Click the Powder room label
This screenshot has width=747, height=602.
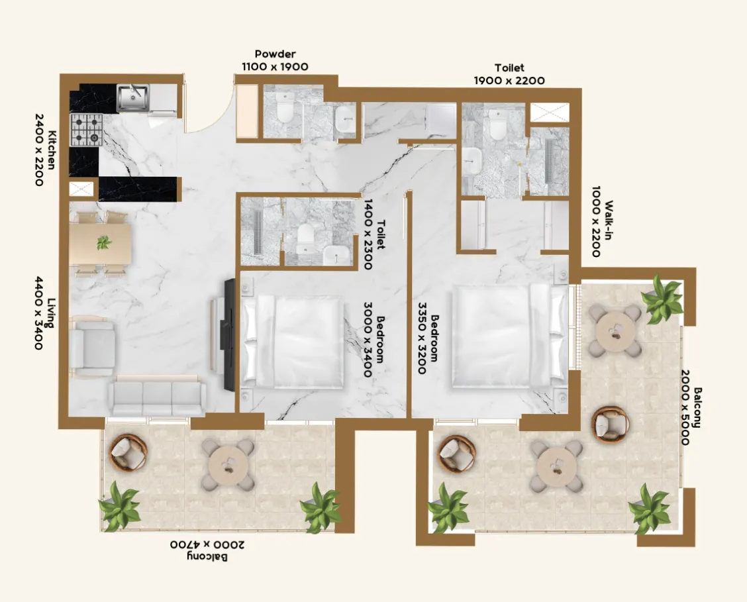275,54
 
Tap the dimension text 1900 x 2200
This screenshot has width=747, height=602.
509,80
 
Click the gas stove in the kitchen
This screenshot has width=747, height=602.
87,130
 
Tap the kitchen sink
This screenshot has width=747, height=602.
133,97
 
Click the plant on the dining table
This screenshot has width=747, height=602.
104,243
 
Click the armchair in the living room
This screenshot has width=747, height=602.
93,345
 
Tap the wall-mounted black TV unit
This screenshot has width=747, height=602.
230,335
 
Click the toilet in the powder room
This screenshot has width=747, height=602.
285,107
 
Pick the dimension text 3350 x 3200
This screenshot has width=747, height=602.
422,338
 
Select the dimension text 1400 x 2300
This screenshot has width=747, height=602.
368,234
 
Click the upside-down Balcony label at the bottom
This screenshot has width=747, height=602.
207,557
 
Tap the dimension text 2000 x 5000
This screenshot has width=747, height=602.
685,408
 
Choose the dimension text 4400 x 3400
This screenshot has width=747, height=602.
38,313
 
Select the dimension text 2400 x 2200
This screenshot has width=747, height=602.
40,150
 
